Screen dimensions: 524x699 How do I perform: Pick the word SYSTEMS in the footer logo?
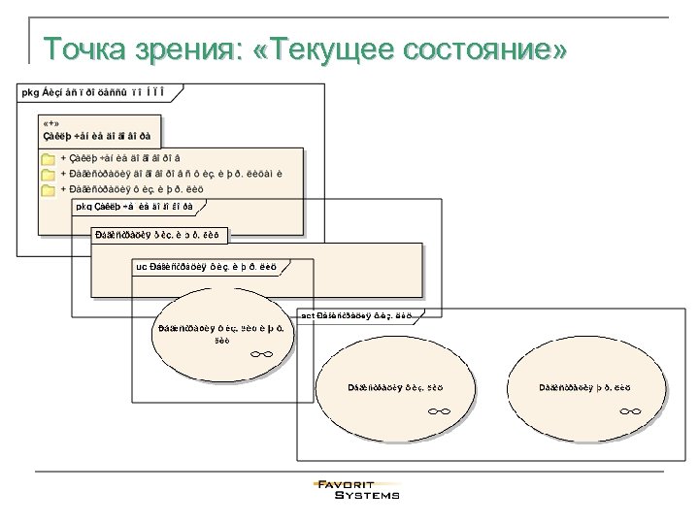point(367,495)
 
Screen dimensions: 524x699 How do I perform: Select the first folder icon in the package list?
point(48,157)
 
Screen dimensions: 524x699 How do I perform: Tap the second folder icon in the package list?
point(48,174)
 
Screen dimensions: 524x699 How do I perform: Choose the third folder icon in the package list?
point(48,189)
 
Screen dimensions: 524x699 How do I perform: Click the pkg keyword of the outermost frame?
point(30,92)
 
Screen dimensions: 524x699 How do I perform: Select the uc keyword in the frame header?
point(142,266)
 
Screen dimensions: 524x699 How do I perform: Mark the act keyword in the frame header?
point(308,315)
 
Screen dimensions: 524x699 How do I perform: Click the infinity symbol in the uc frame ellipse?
point(260,355)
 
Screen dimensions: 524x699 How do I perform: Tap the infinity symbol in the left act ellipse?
point(438,411)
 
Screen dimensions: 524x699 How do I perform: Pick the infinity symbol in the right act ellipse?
point(629,411)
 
